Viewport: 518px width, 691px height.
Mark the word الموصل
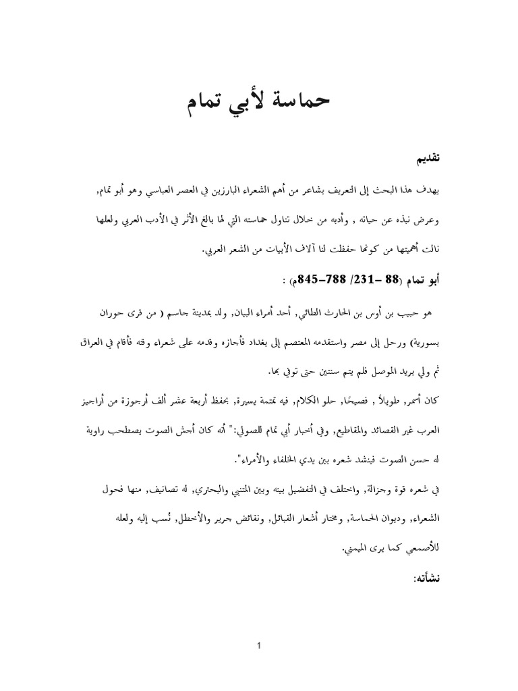tap(351, 371)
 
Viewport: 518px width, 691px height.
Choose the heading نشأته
tap(425, 579)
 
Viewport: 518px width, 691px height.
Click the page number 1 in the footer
tap(259, 646)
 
